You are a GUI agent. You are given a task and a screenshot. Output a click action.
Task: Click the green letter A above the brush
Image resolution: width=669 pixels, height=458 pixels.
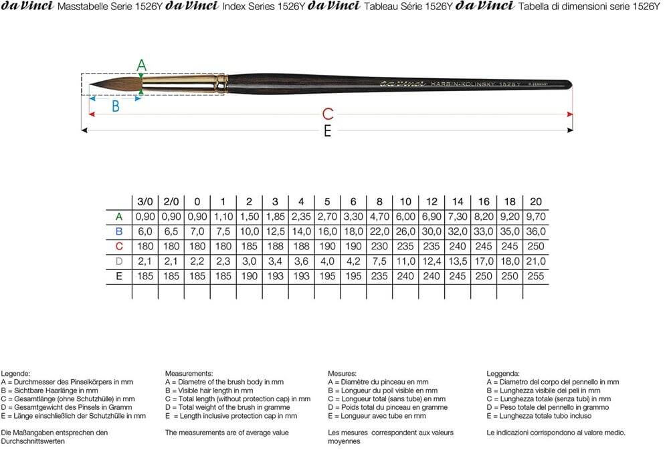141,65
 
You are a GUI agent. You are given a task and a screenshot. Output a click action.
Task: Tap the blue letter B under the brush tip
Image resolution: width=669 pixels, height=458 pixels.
115,106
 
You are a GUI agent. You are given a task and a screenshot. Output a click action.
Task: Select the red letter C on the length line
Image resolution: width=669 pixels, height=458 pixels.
328,114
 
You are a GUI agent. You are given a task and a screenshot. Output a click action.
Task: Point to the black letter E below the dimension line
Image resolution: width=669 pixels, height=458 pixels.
327,131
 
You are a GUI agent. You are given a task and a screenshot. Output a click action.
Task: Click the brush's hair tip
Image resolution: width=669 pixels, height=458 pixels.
94,85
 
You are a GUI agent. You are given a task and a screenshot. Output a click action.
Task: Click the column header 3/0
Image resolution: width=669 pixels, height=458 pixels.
145,201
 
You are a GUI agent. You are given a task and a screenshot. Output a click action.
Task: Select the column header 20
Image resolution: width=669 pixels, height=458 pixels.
535,201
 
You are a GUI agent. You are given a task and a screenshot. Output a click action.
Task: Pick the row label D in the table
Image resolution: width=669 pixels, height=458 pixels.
119,261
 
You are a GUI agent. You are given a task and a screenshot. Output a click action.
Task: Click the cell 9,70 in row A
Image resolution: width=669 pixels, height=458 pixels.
535,217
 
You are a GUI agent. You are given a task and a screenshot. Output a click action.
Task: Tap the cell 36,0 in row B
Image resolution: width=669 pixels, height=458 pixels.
535,231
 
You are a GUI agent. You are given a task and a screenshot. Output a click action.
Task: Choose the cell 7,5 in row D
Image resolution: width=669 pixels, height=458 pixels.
379,261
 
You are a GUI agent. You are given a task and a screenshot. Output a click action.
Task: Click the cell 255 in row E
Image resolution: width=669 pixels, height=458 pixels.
535,275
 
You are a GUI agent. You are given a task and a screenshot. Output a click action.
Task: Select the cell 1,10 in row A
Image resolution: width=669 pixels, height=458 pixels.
223,217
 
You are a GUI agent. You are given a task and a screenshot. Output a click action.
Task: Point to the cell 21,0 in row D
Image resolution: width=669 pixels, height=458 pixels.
535,261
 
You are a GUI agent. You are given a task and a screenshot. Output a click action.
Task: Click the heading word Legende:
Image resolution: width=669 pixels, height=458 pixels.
16,373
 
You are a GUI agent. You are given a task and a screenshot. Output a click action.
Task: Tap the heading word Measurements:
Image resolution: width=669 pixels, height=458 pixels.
189,373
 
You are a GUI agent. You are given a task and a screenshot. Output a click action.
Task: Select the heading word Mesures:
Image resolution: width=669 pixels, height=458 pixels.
343,373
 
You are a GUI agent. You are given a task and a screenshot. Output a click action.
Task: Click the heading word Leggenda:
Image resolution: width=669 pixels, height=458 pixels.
504,373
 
